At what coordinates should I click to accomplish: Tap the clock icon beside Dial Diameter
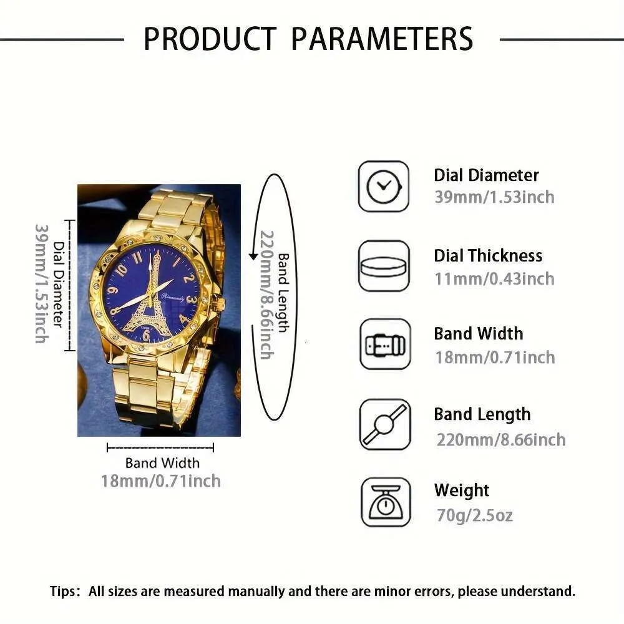pos(384,186)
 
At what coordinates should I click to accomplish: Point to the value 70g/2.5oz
pos(474,515)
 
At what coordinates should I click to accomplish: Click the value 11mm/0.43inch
pos(494,278)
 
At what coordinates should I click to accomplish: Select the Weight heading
pos(462,490)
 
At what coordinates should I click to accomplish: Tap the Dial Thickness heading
pos(488,256)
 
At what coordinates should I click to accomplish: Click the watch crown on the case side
pos(220,305)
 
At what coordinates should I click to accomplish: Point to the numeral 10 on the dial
pos(122,269)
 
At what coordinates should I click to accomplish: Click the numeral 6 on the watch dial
pos(145,336)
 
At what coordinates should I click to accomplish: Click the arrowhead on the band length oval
pos(253,256)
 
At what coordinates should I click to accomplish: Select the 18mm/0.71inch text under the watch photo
pos(160,481)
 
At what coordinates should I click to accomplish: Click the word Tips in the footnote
pos(65,591)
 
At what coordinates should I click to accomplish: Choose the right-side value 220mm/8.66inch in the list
pos(501,439)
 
